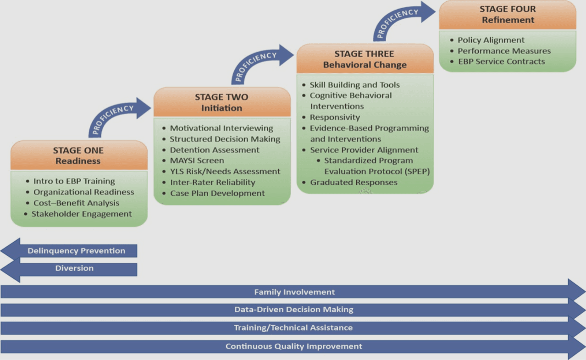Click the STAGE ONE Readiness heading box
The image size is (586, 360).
click(x=78, y=155)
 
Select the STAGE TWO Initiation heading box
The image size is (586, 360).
click(x=221, y=102)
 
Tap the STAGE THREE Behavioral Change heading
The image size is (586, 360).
click(x=365, y=59)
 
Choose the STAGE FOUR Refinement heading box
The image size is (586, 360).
click(x=508, y=14)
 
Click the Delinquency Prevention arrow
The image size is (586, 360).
click(x=76, y=251)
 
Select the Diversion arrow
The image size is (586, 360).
click(x=74, y=268)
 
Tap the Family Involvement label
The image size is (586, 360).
click(x=294, y=292)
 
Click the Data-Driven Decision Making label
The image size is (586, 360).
click(x=293, y=310)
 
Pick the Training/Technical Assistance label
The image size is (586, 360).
click(x=293, y=328)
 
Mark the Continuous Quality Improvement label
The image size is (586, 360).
click(x=293, y=346)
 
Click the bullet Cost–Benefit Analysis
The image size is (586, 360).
click(x=76, y=203)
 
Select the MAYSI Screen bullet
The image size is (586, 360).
click(x=197, y=161)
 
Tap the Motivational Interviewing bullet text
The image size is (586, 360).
click(x=221, y=128)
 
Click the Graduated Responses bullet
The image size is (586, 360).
click(x=354, y=183)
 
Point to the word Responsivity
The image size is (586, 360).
click(x=335, y=117)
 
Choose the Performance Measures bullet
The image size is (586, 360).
click(x=504, y=51)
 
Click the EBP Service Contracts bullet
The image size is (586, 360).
click(x=501, y=61)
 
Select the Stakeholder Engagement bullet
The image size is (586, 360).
click(x=81, y=214)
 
